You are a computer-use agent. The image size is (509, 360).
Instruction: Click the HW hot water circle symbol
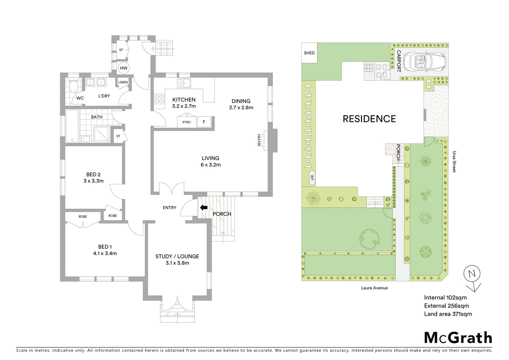point(124,68)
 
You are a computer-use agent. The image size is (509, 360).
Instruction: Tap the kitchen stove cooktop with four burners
point(160,99)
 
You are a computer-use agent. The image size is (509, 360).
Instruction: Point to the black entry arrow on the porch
point(203,208)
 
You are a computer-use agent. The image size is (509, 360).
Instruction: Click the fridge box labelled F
point(204,122)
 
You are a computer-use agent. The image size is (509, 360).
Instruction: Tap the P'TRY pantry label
point(187,122)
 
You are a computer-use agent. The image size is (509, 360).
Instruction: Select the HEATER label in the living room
point(258,140)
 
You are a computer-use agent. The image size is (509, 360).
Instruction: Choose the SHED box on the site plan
point(309,53)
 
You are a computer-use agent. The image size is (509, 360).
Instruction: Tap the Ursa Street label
point(454,162)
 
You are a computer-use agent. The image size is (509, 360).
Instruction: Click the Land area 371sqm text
point(448,314)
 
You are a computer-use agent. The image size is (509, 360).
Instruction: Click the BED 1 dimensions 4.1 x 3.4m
point(105,253)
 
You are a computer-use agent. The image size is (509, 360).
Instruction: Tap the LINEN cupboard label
point(123,82)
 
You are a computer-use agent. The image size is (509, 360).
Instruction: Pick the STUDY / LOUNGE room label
point(177,256)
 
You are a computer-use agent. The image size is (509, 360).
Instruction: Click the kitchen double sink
point(184,83)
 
